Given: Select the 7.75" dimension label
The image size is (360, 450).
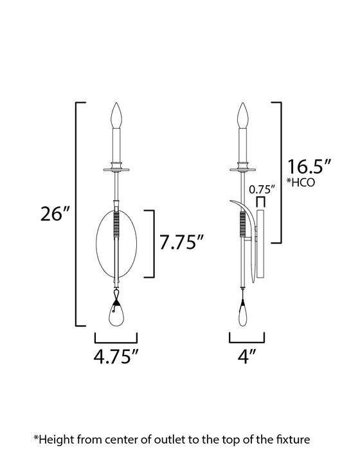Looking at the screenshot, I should [182, 243].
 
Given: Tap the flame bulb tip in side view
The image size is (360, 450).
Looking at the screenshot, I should [244, 114].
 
